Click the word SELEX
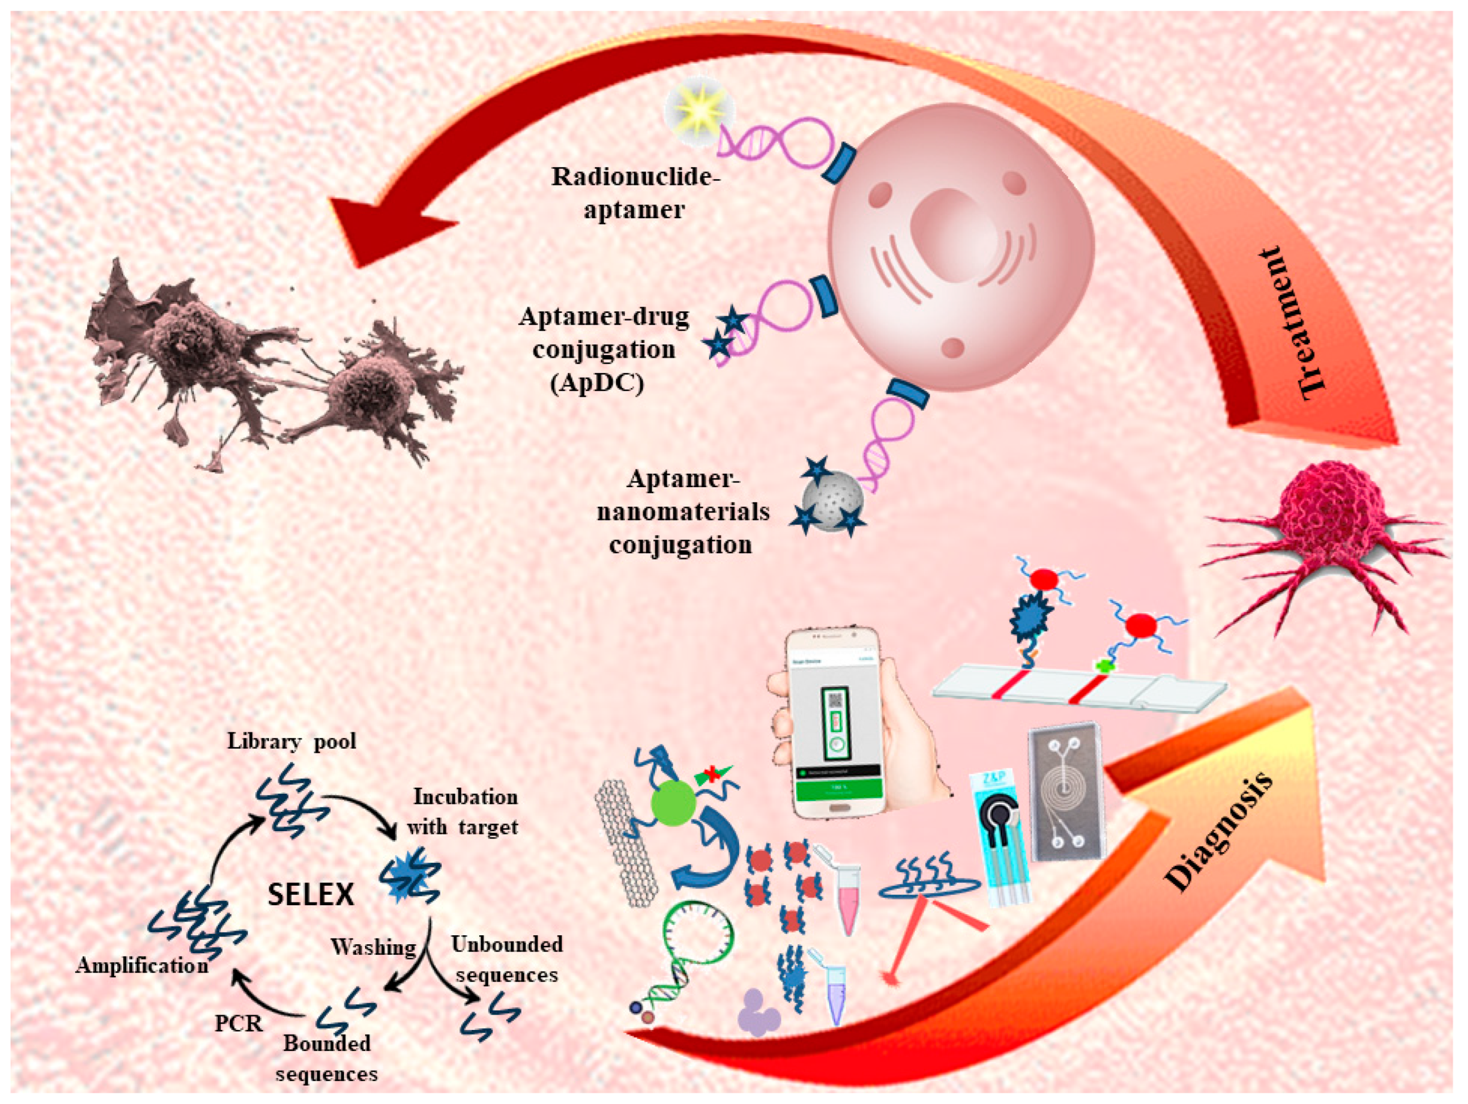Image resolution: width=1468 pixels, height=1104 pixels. (311, 894)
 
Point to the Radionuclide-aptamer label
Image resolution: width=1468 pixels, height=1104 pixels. (635, 193)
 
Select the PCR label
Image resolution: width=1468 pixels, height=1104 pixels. (238, 1024)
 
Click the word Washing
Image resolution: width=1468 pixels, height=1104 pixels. (373, 946)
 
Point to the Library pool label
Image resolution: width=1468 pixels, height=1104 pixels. (292, 741)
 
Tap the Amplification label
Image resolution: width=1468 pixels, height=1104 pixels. (141, 965)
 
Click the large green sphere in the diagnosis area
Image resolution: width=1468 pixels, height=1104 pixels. (673, 803)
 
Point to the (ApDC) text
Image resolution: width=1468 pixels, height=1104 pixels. (597, 384)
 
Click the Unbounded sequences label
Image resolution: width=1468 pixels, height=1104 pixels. (506, 959)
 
